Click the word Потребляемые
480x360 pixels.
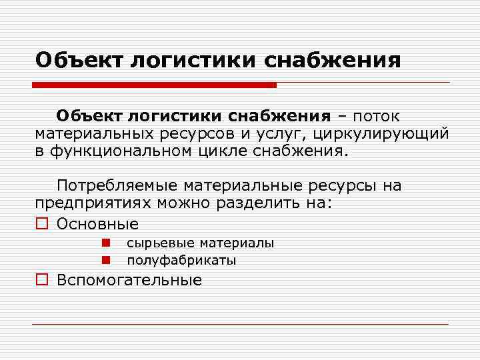[117, 185]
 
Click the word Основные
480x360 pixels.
[98, 224]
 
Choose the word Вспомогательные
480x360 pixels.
[129, 280]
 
